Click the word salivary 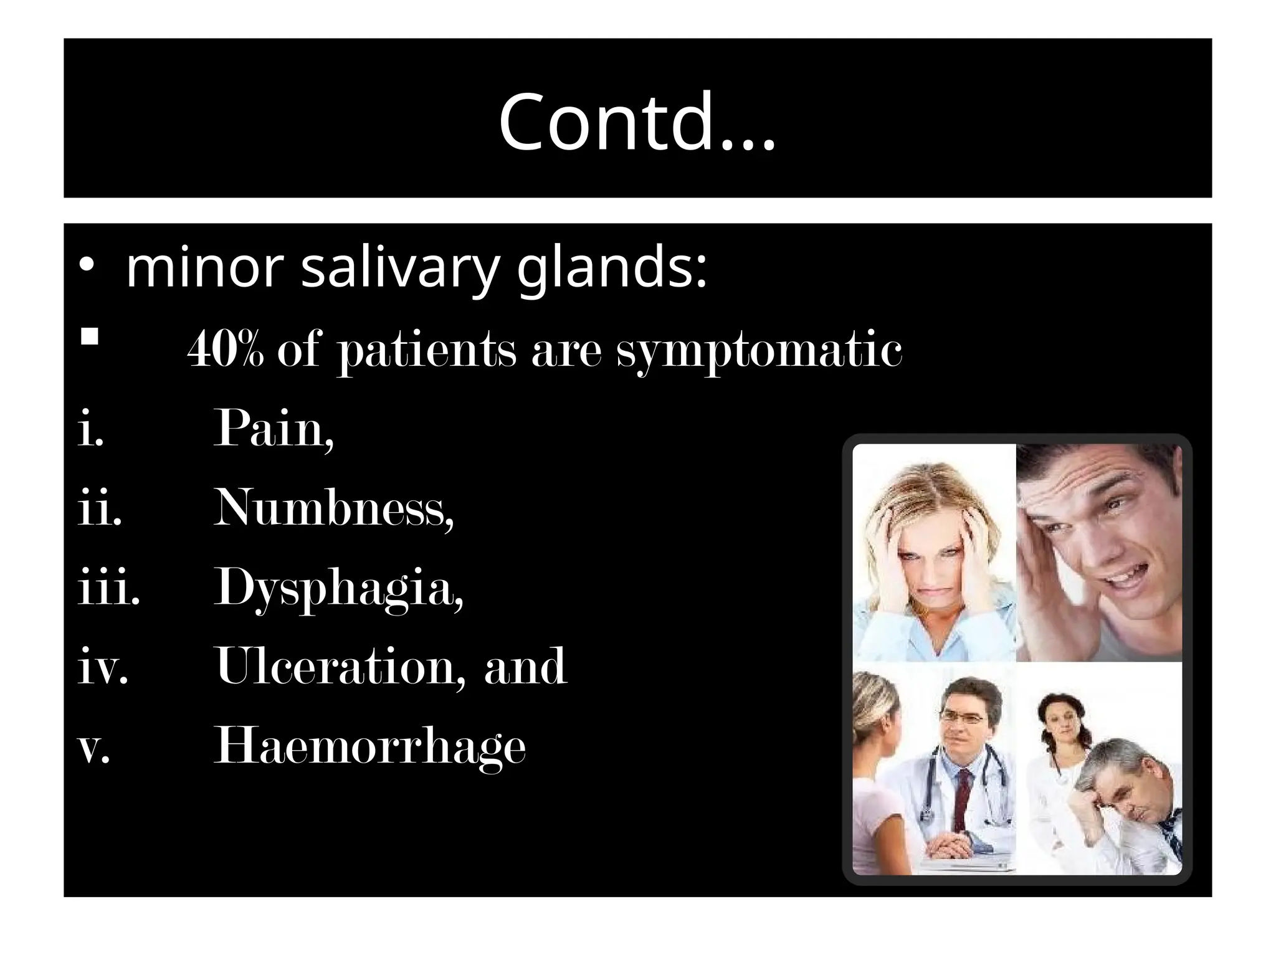pos(400,269)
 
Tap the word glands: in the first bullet pos(612,269)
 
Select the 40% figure pos(226,350)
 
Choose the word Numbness pos(333,508)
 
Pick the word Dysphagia pos(338,589)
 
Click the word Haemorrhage pos(370,746)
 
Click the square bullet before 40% pos(90,338)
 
